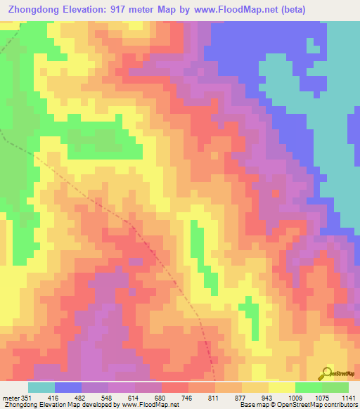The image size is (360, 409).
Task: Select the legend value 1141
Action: (347, 398)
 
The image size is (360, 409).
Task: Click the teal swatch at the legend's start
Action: (41, 387)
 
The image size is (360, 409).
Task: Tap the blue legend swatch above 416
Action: (67, 387)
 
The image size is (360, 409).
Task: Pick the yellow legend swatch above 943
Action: (281, 387)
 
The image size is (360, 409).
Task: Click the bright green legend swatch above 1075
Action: (308, 387)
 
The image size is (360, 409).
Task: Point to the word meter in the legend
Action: (10, 398)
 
